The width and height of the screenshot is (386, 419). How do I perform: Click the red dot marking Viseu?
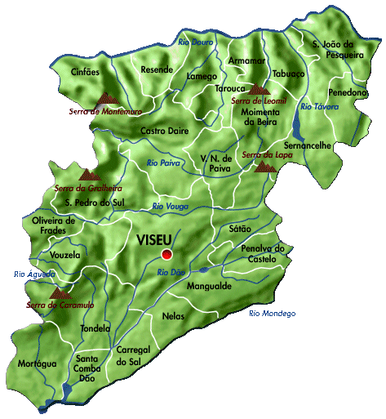pyautogui.click(x=167, y=254)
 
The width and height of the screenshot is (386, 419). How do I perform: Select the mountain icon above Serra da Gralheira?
pyautogui.click(x=87, y=174)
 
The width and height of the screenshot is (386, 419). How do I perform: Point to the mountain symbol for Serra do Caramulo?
pyautogui.click(x=60, y=292)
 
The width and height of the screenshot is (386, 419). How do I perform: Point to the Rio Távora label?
pyautogui.click(x=319, y=107)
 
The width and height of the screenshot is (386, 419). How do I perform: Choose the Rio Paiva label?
pyautogui.click(x=163, y=163)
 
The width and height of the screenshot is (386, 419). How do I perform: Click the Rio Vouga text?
pyautogui.click(x=170, y=207)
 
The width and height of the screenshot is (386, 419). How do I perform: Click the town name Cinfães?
pyautogui.click(x=86, y=72)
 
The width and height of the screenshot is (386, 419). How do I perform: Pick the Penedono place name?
pyautogui.click(x=348, y=92)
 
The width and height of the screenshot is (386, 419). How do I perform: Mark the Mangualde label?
pyautogui.click(x=209, y=288)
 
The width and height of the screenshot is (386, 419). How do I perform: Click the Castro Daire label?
pyautogui.click(x=166, y=131)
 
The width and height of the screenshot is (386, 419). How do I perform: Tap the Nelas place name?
pyautogui.click(x=174, y=315)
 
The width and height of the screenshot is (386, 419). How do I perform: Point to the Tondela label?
pyautogui.click(x=95, y=328)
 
